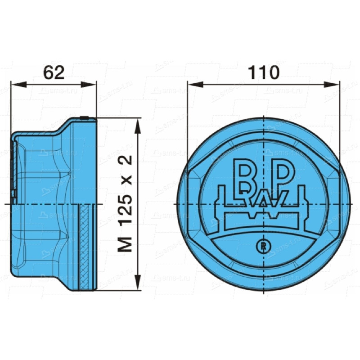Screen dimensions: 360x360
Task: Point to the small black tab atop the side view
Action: (x=84, y=118)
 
